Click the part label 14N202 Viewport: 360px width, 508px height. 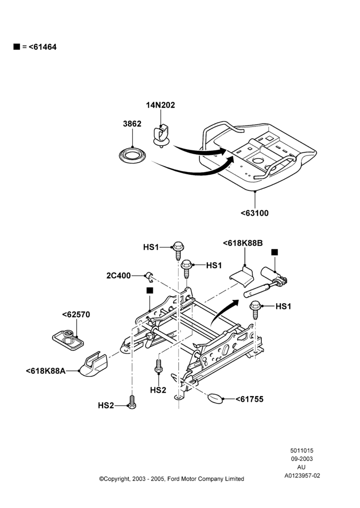point(160,105)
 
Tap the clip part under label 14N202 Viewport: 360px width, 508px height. point(161,136)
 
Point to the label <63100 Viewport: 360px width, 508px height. point(255,213)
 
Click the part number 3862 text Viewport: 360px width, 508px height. point(132,124)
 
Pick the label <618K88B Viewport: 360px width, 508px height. point(243,243)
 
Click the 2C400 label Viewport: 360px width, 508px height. point(118,275)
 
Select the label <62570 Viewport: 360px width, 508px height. point(76,314)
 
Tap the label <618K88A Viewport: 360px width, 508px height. point(45,371)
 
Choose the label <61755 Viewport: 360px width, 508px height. point(249,399)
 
